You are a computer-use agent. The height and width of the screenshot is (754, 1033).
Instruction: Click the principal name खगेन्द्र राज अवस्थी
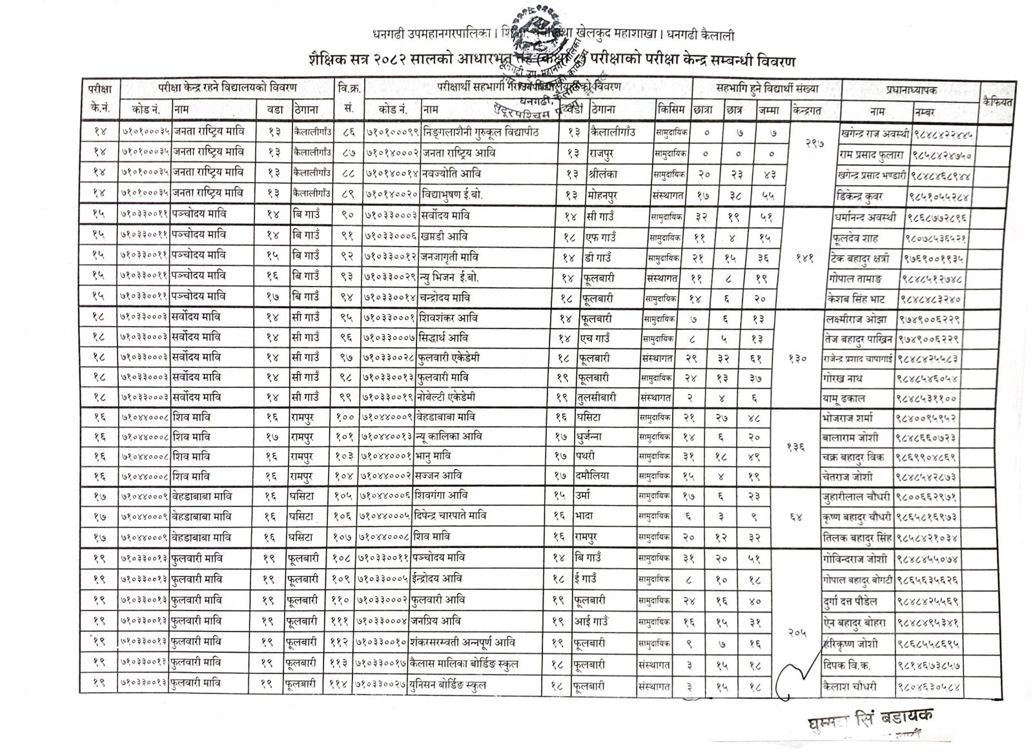[x=875, y=134]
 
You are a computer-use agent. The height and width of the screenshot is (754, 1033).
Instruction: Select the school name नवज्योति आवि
[x=451, y=174]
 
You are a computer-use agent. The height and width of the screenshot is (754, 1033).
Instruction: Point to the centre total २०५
[x=798, y=633]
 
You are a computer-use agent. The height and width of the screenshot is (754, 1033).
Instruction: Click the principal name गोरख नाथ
[x=860, y=378]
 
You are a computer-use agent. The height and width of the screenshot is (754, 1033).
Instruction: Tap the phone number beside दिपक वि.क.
[x=936, y=664]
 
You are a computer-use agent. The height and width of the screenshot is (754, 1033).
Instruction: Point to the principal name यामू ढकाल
[x=861, y=398]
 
